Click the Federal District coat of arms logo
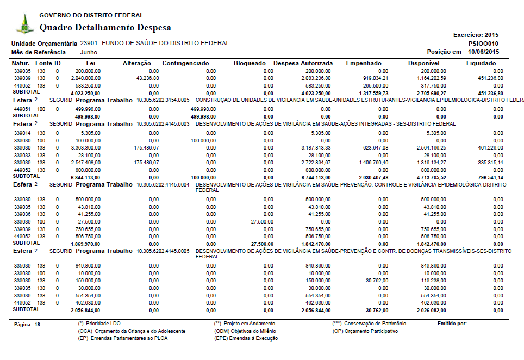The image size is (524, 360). (x=24, y=23)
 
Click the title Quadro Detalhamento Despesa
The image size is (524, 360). (x=105, y=28)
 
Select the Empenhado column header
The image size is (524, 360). (x=364, y=64)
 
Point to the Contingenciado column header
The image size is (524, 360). (x=185, y=64)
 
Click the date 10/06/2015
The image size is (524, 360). (x=483, y=52)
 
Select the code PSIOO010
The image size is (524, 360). (x=483, y=44)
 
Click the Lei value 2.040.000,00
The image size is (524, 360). (x=86, y=78)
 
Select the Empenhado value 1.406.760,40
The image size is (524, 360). (x=372, y=162)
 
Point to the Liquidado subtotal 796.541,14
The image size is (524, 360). (x=488, y=177)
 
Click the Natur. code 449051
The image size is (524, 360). (x=22, y=109)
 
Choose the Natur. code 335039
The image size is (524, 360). (x=22, y=265)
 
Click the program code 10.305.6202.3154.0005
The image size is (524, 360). (x=163, y=101)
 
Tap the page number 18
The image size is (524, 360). (x=37, y=324)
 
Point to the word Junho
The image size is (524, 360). (x=89, y=52)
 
